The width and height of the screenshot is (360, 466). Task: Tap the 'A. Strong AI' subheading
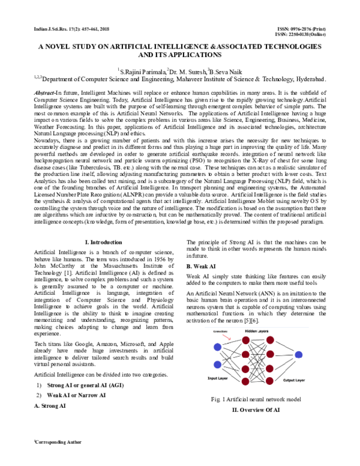coord(50,406)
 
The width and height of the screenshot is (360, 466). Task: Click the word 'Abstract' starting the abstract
coord(44,94)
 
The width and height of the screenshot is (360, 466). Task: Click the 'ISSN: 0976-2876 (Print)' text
coord(298,29)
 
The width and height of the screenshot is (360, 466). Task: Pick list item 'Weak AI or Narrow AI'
coord(76,395)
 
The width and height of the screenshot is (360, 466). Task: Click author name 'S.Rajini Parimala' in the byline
coord(142,70)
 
